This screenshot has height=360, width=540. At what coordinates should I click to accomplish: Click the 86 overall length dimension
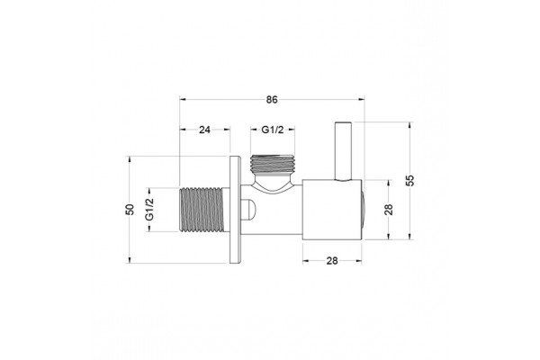click(x=272, y=100)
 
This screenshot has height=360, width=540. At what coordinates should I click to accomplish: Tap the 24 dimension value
click(x=204, y=130)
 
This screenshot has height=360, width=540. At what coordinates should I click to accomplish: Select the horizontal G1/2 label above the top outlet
click(x=273, y=130)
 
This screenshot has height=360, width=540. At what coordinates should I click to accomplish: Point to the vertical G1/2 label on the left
click(x=149, y=210)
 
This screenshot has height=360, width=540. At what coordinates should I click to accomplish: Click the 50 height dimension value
click(x=130, y=210)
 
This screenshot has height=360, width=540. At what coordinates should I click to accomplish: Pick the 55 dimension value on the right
click(x=409, y=181)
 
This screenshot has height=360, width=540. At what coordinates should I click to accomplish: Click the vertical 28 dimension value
click(x=389, y=210)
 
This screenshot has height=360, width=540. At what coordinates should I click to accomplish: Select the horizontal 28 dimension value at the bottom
click(x=332, y=261)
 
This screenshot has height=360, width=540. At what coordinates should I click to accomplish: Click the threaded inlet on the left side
click(x=202, y=210)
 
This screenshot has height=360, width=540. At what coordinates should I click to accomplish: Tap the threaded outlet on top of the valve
click(x=273, y=164)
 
